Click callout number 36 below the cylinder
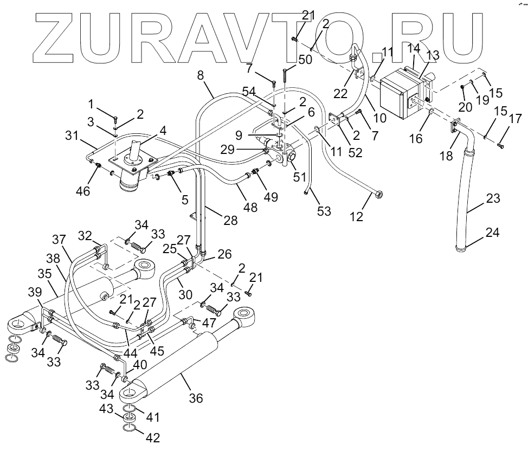click(x=196, y=398)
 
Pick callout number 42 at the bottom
click(x=155, y=437)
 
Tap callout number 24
click(x=493, y=234)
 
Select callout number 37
click(x=59, y=239)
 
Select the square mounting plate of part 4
click(x=133, y=160)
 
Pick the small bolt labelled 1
click(x=117, y=118)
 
